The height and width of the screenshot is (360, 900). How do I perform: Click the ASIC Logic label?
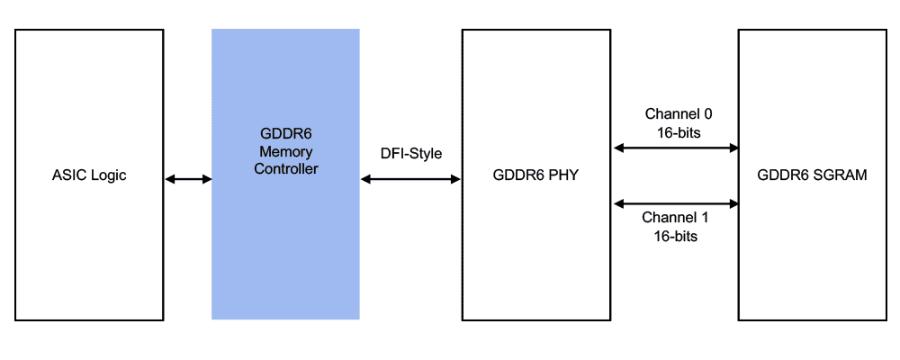pos(89,175)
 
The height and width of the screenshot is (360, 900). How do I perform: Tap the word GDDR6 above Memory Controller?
pos(285,135)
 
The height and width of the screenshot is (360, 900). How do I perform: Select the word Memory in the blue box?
pos(285,151)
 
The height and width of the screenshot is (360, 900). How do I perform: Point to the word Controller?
pos(285,168)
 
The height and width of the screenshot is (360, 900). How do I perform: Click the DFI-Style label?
pos(411,154)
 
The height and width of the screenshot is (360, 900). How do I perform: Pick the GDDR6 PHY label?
pos(536,175)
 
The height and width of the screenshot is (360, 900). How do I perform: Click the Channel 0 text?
pos(679,114)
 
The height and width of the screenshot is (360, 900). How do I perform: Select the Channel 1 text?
pos(679,219)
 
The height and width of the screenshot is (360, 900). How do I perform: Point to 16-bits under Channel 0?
pos(679,131)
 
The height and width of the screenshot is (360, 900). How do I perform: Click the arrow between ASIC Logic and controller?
pos(188,180)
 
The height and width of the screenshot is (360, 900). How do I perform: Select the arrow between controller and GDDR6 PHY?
pos(411,180)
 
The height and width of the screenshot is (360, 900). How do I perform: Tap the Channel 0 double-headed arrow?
pos(676,148)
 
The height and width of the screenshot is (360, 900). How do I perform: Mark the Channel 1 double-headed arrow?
pos(676,203)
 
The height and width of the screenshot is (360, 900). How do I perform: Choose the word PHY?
pos(563,175)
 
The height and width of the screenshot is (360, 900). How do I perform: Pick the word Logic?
pos(108,175)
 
